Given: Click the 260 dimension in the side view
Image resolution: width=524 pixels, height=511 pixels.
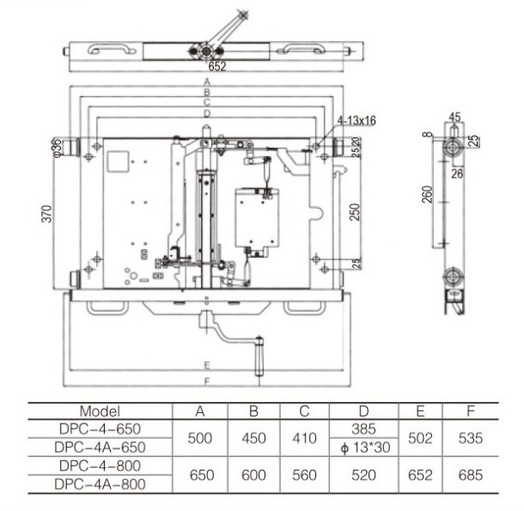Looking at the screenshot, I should point(428,196).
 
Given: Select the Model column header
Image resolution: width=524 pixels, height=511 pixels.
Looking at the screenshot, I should point(100,411).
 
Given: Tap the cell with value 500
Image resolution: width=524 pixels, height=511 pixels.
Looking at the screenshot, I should point(199,438).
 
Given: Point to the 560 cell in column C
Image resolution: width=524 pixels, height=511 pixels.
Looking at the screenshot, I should point(304,474).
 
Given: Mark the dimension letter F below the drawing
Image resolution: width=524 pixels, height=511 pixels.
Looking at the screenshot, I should point(206,380).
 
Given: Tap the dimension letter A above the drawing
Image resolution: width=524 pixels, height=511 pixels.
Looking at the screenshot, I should point(206,81).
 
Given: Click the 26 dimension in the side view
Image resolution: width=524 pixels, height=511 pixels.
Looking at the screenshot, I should point(458,173).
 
